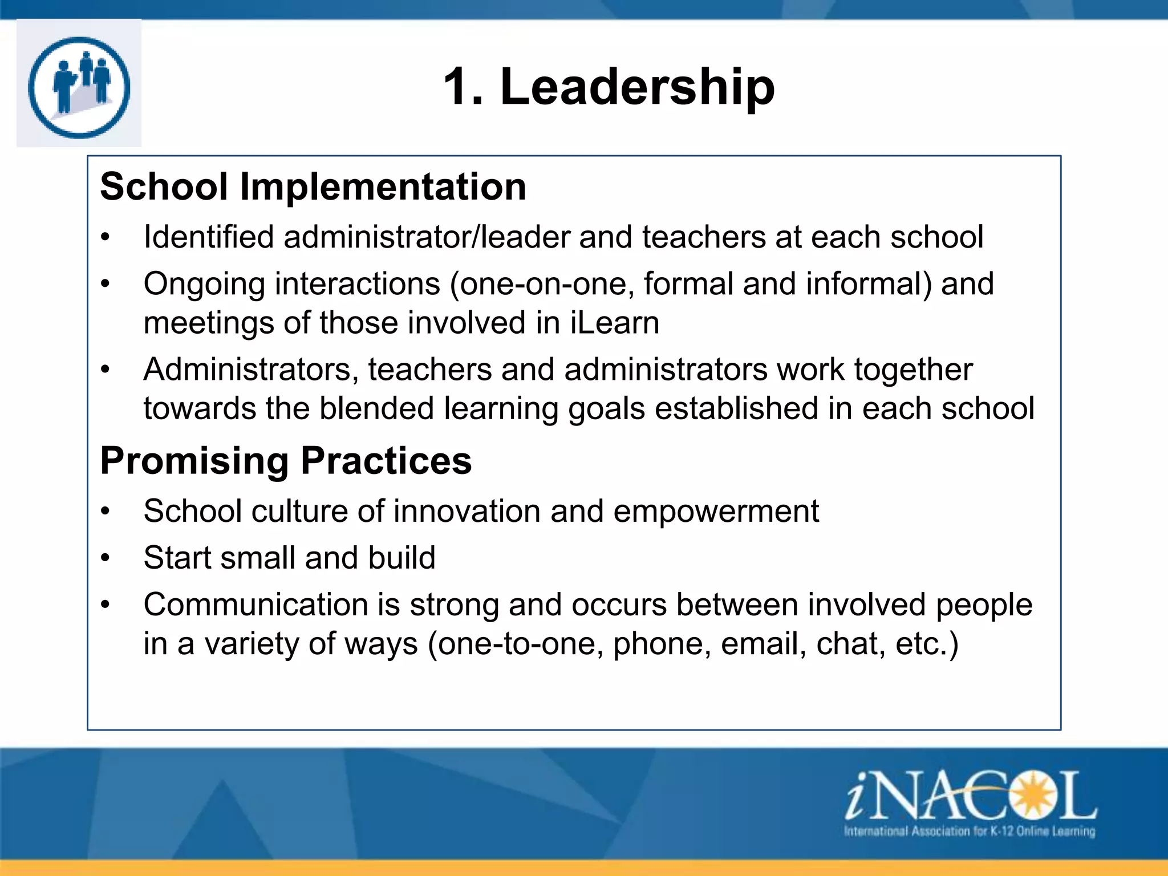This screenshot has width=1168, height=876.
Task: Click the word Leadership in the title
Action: click(x=637, y=87)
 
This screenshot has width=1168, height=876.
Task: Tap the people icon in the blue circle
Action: click(x=79, y=87)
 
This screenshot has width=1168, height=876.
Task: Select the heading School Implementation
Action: click(x=313, y=186)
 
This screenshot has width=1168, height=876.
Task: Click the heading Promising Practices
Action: click(x=286, y=460)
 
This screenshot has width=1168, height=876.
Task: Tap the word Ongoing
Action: click(x=204, y=285)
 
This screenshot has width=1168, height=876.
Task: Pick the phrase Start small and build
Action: click(x=290, y=558)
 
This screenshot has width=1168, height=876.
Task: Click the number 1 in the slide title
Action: click(x=460, y=87)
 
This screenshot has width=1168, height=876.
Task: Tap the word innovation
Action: click(x=467, y=511)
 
